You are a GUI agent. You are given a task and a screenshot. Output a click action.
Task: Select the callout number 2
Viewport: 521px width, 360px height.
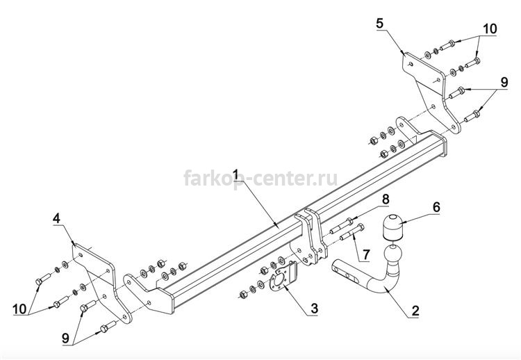[415, 311]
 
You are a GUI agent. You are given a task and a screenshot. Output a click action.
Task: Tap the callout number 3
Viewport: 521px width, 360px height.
[314, 308]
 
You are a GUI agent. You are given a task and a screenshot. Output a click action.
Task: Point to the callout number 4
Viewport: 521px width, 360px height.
[56, 218]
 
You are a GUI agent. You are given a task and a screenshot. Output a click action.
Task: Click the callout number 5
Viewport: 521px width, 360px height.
[379, 23]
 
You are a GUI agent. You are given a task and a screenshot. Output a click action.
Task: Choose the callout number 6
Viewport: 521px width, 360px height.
[436, 207]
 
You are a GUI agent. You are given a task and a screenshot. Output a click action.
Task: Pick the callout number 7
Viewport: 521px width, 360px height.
[366, 254]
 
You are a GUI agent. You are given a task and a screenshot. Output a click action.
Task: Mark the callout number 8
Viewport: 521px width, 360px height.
[385, 199]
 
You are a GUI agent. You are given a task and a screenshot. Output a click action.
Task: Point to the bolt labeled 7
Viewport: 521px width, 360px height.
[352, 232]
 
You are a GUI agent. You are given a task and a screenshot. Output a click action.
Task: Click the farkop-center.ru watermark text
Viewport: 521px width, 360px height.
[260, 178]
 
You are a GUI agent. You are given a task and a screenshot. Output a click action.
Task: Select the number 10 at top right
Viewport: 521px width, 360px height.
[490, 29]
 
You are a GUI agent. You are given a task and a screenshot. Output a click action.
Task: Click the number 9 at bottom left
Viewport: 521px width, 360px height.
[66, 338]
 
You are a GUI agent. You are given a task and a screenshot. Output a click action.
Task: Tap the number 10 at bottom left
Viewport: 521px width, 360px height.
[19, 309]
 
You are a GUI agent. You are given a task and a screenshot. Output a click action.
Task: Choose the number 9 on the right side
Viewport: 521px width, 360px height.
[504, 82]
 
